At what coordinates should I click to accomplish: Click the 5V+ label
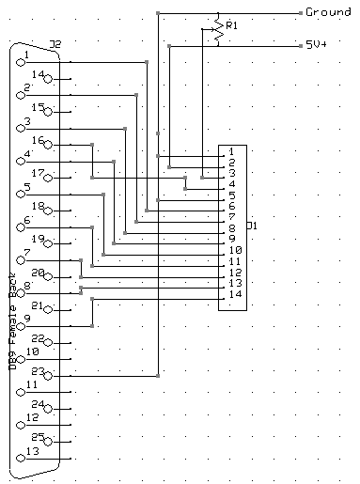(317, 44)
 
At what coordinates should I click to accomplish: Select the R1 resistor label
(230, 25)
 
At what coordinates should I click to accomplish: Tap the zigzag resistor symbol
(218, 30)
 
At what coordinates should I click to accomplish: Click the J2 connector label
(55, 44)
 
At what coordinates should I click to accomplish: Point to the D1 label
(251, 226)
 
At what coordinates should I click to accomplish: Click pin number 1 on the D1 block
(231, 151)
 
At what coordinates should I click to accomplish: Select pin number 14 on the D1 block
(234, 294)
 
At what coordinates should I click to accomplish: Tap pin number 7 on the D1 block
(231, 217)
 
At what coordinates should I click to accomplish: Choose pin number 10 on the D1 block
(234, 250)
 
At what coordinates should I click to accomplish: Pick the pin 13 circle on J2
(22, 459)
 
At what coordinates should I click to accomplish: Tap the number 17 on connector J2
(39, 173)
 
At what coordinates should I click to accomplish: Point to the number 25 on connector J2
(38, 436)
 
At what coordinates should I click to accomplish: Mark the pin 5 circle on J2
(22, 195)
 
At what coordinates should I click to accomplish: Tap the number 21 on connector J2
(38, 305)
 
